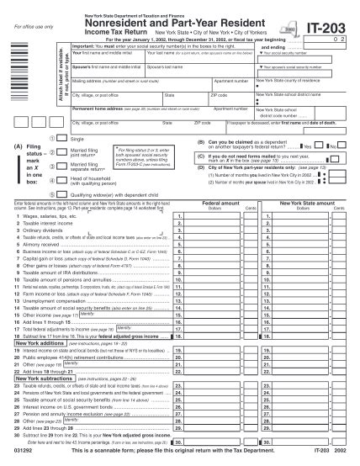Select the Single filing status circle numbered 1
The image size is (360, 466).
click(x=55, y=138)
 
